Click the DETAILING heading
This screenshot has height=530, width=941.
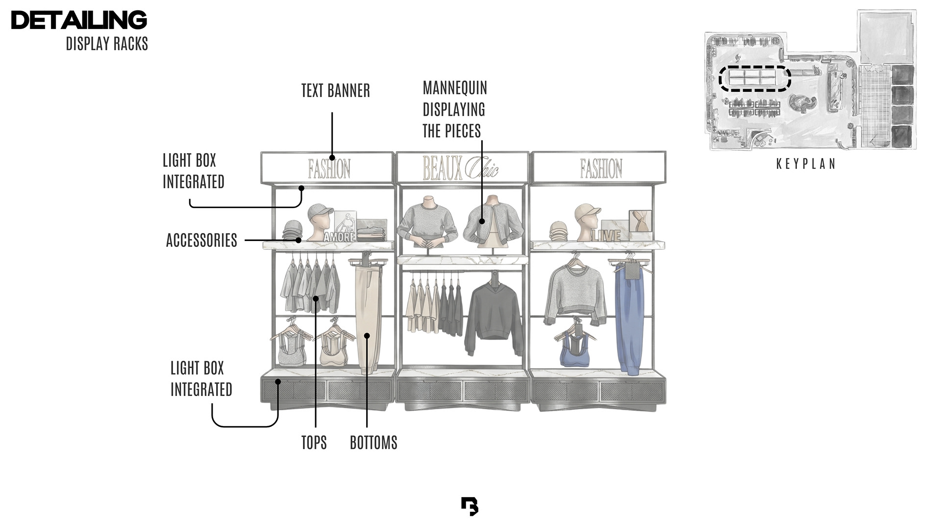click(79, 20)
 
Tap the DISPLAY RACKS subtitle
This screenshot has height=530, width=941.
click(107, 44)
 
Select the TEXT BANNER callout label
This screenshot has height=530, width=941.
click(335, 91)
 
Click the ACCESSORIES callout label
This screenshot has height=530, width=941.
click(201, 240)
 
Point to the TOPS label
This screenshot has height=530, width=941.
click(314, 443)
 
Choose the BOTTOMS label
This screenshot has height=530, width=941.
click(373, 443)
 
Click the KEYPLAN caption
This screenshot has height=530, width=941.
click(806, 164)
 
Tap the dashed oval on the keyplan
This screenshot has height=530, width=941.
click(755, 79)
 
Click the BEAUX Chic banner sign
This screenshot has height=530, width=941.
click(461, 168)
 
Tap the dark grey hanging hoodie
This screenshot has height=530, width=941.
click(493, 317)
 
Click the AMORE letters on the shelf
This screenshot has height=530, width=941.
click(339, 237)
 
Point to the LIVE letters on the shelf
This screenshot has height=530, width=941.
click(606, 236)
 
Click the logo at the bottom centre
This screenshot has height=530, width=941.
click(470, 506)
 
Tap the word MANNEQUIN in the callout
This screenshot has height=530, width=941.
click(455, 88)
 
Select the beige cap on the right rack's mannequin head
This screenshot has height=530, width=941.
click(588, 212)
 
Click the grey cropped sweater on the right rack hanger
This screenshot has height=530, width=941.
click(575, 292)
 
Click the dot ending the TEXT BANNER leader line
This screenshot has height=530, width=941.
click(332, 158)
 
